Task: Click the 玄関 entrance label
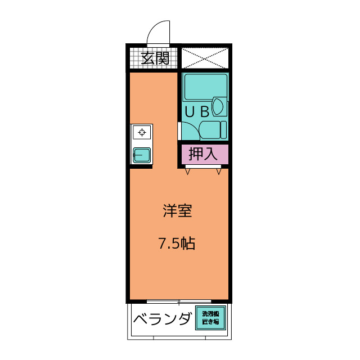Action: (155, 58)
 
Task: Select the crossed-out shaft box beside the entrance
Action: (205, 58)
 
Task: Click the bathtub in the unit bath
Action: (206, 87)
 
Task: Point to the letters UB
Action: (197, 112)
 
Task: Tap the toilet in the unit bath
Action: (213, 130)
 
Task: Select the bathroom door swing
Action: (189, 131)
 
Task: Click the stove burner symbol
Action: (142, 132)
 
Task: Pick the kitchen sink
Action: (142, 155)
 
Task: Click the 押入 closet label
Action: (203, 154)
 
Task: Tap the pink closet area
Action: (205, 154)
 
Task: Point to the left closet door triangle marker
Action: (187, 171)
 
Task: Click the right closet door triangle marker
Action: (219, 171)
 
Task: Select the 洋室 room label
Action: (177, 210)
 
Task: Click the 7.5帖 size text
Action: (177, 244)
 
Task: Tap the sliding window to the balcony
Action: (179, 301)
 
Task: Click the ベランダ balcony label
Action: (163, 318)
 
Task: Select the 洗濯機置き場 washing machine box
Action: (210, 318)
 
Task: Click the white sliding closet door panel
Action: (203, 166)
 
